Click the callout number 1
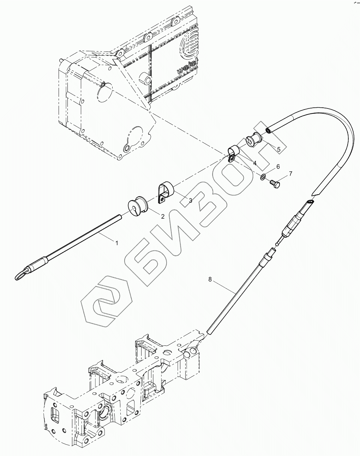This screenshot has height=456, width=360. tap(117, 243)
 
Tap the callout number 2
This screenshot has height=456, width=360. tap(163, 217)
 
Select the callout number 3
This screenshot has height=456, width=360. tap(190, 201)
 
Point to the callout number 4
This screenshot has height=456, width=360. tap(254, 163)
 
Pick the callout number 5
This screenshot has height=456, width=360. tap(278, 149)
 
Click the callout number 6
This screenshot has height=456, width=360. tap(278, 166)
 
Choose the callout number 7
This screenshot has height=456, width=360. tap(290, 173)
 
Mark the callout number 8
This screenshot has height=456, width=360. tap(210, 279)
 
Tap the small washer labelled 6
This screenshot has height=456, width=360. tap(263, 176)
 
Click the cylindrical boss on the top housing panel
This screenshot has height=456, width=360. tap(144, 78)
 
